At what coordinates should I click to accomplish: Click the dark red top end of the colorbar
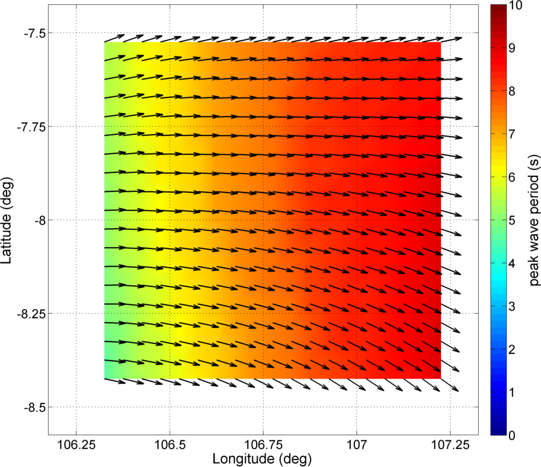tap(498, 8)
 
